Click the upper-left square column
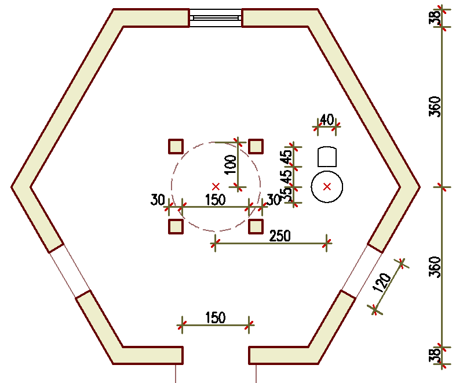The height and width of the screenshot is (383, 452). tap(176, 146)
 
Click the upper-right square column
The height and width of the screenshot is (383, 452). tap(256, 146)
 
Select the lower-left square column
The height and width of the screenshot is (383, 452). tap(176, 226)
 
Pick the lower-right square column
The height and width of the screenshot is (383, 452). tap(256, 226)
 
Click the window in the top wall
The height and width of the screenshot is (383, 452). tap(216, 18)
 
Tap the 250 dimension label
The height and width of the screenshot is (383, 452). tap(280, 236)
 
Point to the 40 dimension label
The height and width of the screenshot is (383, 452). tap(326, 120)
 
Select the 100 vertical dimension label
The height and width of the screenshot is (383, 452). tap(230, 165)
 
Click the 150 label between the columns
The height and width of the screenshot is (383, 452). tap(215, 200)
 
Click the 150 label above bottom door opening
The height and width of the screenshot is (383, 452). tap(215, 317)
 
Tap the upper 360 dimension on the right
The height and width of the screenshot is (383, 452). tap(435, 107)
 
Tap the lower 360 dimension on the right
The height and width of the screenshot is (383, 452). tap(435, 267)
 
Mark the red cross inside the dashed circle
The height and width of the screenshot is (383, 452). tap(216, 186)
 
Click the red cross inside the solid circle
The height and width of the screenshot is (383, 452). tap(327, 186)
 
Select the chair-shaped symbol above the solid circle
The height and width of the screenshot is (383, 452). tap(327, 157)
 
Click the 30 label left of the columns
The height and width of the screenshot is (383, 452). tap(158, 200)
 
